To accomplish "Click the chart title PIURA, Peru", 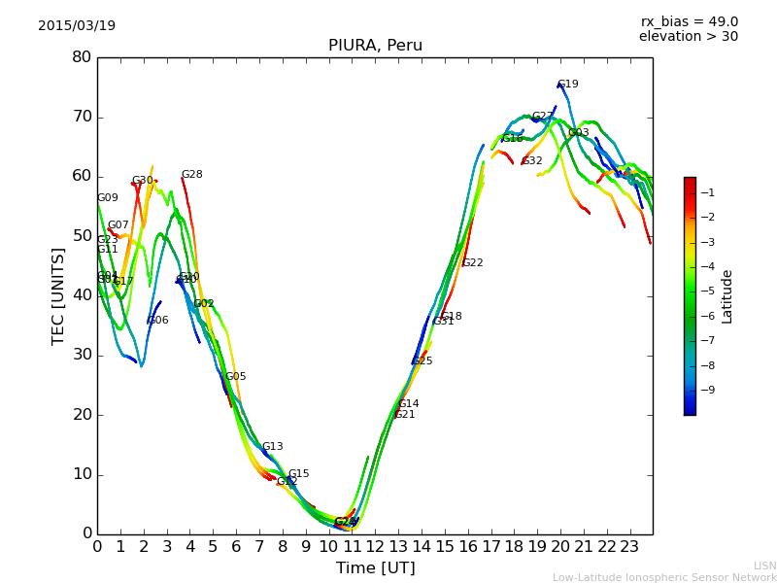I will click(x=375, y=46).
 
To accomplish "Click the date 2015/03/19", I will click(x=77, y=26).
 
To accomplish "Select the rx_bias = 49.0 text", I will click(x=690, y=21).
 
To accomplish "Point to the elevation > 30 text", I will click(x=689, y=37).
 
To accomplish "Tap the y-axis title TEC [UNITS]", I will click(x=58, y=295).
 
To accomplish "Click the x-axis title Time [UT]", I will click(x=375, y=568).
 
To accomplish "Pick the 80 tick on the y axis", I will click(x=82, y=57).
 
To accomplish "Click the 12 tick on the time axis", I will click(x=375, y=546).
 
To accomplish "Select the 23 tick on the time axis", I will click(x=629, y=546).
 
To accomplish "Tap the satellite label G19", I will click(x=568, y=85).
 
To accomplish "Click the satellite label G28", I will click(x=192, y=175).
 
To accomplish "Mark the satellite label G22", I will click(x=473, y=263).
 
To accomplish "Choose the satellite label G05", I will click(x=236, y=377).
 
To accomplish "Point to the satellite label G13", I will click(x=273, y=447).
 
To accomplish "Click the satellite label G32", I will click(x=532, y=161).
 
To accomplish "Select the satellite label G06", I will click(x=158, y=321).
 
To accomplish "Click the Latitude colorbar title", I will click(x=727, y=296).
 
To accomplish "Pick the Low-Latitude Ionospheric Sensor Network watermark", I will click(x=664, y=577).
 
